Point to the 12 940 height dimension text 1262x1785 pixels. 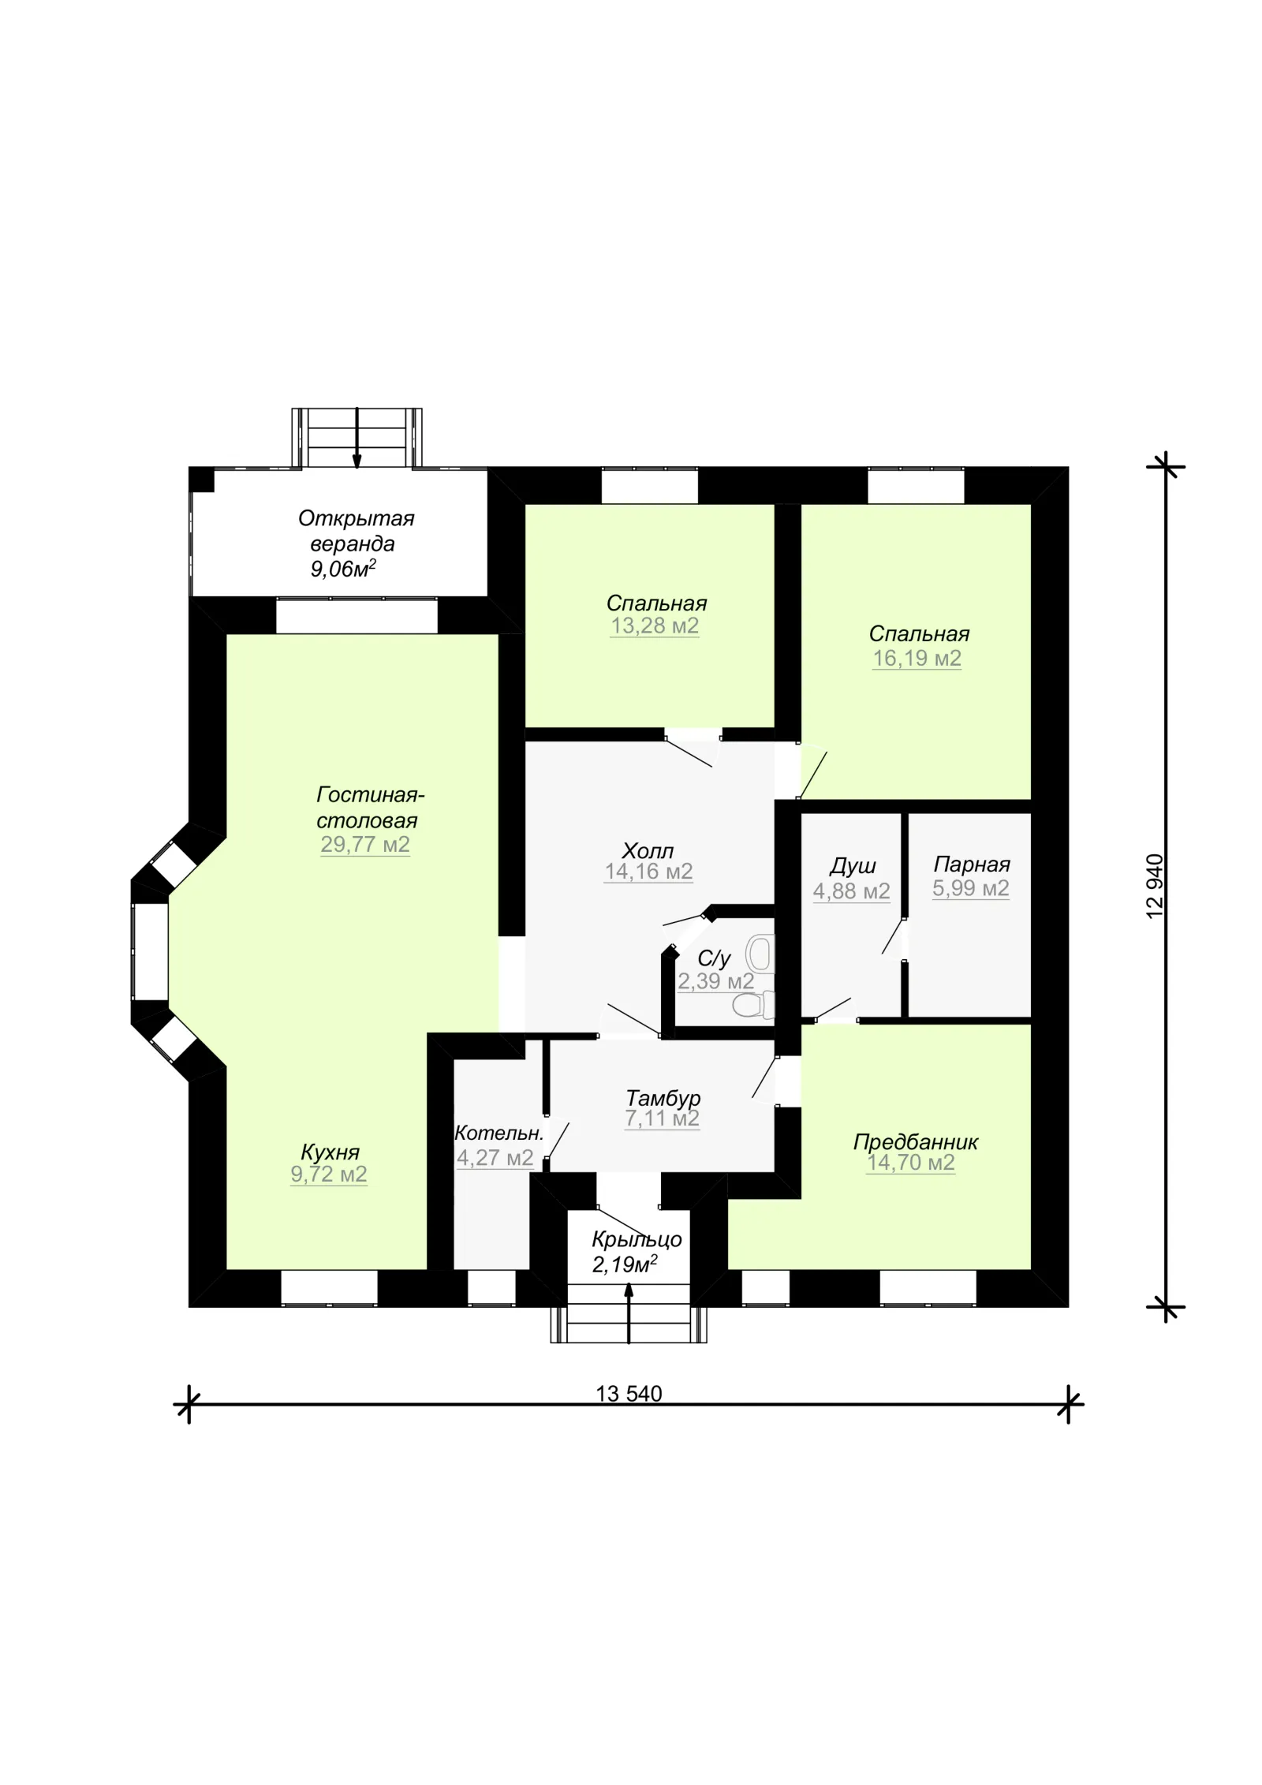click(1155, 886)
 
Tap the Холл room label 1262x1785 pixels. click(648, 851)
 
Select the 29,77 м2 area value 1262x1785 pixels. click(365, 845)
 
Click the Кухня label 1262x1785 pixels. click(330, 1152)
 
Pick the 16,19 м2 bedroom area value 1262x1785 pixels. click(917, 659)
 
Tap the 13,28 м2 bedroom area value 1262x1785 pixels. click(655, 626)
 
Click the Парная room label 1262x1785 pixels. click(972, 864)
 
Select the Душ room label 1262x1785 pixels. click(853, 867)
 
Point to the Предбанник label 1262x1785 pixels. click(916, 1142)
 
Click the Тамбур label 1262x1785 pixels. click(663, 1098)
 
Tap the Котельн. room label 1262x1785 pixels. click(499, 1133)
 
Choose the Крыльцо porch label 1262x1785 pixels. click(637, 1239)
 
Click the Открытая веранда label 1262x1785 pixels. click(356, 531)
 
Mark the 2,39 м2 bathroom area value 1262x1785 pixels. click(716, 982)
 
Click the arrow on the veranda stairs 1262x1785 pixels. click(357, 439)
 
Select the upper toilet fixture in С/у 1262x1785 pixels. click(760, 953)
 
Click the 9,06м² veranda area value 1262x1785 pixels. click(343, 569)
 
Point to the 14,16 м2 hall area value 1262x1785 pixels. click(648, 872)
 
